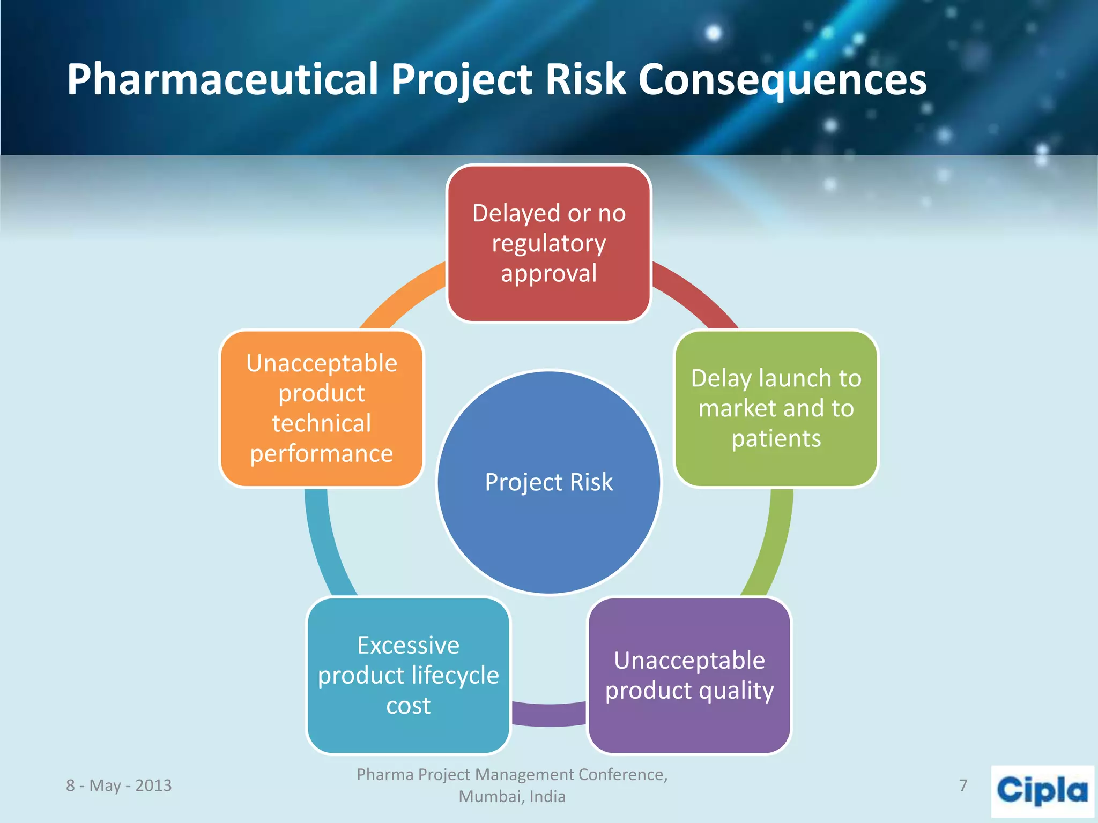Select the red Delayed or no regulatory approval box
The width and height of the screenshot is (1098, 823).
(549, 243)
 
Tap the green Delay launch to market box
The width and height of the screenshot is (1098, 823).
(776, 408)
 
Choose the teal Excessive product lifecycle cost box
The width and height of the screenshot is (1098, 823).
(409, 675)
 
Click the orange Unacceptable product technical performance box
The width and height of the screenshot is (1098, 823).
(322, 408)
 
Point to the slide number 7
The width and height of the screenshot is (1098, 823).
(963, 785)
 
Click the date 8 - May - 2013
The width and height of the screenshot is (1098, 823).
(119, 785)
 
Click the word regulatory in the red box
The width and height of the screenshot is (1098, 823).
(549, 244)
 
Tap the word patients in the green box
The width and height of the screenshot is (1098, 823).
(776, 439)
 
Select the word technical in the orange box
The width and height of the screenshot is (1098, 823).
(322, 423)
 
